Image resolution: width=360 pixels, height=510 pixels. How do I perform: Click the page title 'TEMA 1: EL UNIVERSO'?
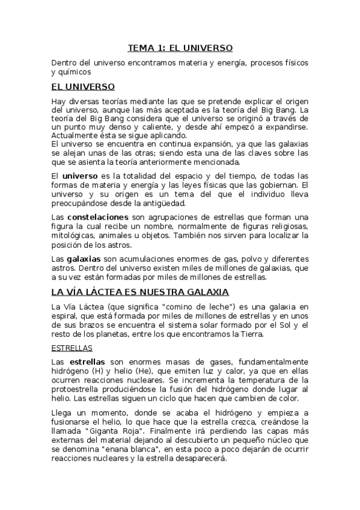coord(180,48)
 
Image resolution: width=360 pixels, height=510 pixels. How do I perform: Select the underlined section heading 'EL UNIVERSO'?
coord(83,87)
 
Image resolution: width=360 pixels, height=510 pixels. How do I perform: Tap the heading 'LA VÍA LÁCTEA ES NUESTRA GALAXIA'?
coord(140,292)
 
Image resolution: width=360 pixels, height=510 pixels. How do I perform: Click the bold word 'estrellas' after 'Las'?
coord(87,362)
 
